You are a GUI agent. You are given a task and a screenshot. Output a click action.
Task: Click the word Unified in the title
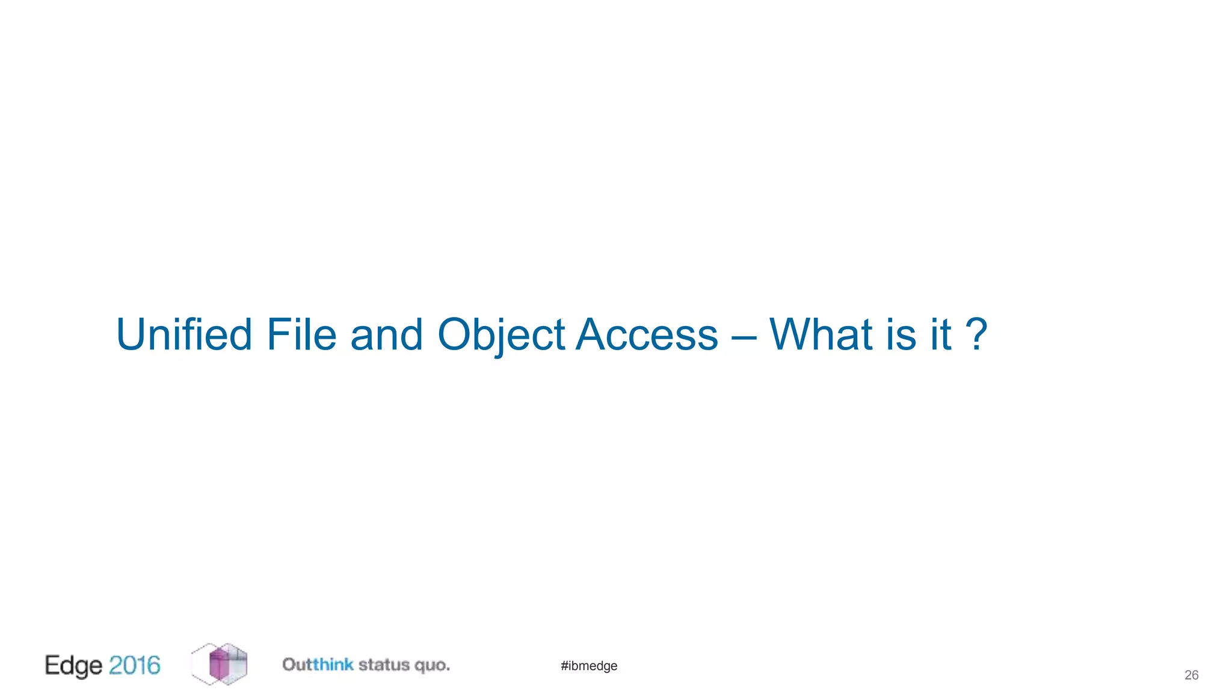coord(184,334)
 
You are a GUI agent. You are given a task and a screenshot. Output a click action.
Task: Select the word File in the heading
coord(301,334)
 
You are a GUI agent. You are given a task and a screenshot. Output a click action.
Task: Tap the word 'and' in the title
coord(386,334)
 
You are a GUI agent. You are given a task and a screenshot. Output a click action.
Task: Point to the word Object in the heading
coord(500,334)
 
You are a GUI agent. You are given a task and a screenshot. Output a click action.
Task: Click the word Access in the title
coord(647,334)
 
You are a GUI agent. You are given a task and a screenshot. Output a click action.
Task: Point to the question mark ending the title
coord(976,334)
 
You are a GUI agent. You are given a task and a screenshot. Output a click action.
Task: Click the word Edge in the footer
coord(73,666)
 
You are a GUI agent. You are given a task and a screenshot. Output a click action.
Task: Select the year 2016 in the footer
coord(135,665)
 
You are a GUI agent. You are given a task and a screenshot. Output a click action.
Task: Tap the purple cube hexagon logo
coord(220,664)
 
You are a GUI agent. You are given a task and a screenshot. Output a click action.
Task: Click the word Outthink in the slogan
coord(318,665)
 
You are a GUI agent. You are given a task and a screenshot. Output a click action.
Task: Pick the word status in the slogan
coord(384,665)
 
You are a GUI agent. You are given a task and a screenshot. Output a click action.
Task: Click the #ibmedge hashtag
coord(589,666)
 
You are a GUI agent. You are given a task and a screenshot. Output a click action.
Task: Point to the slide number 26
coord(1191,675)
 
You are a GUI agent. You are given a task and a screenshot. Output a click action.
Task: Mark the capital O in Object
coord(455,334)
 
